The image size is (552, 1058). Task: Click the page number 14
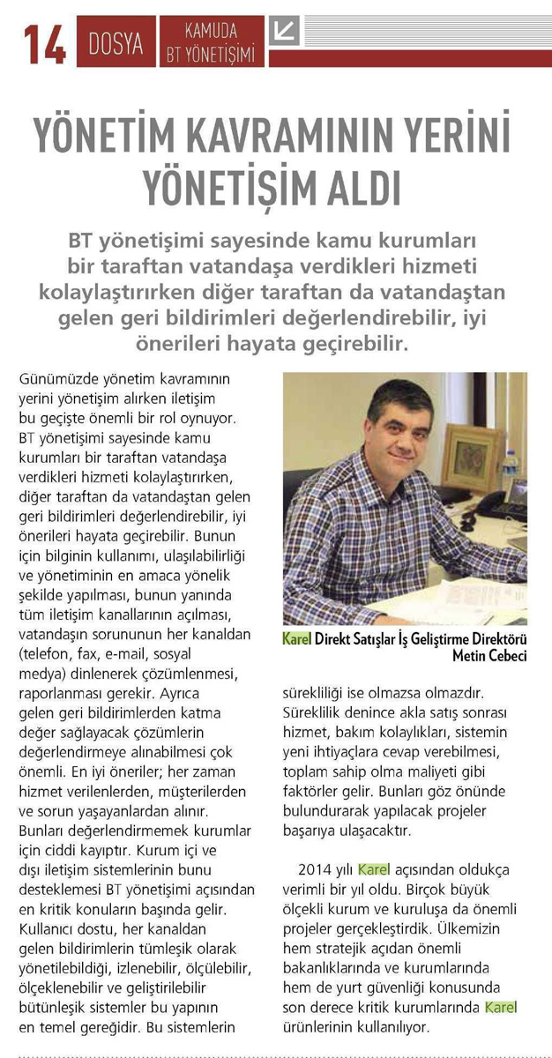point(45,42)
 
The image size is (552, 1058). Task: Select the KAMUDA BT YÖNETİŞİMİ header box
point(212,42)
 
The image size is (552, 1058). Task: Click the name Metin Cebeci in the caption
point(489,658)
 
